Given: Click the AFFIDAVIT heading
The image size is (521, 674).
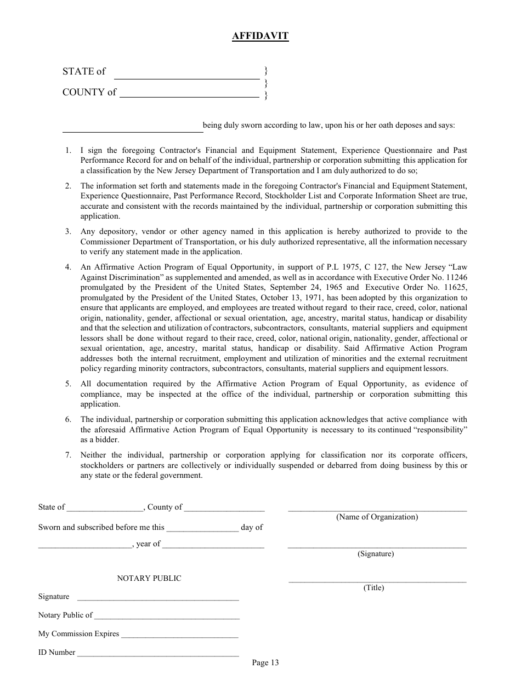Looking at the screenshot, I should pyautogui.click(x=260, y=36).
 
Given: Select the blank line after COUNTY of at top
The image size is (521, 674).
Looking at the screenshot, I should pyautogui.click(x=189, y=96).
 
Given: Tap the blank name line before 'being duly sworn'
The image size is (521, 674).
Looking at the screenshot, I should pyautogui.click(x=132, y=131).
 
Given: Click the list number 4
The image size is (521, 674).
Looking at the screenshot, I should pyautogui.click(x=68, y=267).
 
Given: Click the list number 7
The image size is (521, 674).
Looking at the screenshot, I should pyautogui.click(x=68, y=455).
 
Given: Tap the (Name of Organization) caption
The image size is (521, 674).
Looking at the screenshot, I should pyautogui.click(x=377, y=517).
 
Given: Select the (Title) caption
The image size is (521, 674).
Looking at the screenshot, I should pyautogui.click(x=373, y=588).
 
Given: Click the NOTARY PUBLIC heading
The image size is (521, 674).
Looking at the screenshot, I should pyautogui.click(x=149, y=578).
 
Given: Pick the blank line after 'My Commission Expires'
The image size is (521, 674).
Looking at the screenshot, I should pyautogui.click(x=179, y=637).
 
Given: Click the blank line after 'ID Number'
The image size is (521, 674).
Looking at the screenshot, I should pyautogui.click(x=157, y=655).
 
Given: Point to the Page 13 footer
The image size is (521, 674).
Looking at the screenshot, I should pyautogui.click(x=265, y=663).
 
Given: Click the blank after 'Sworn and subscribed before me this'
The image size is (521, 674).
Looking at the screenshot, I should pyautogui.click(x=202, y=530).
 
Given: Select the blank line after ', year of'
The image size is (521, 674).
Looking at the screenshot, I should pyautogui.click(x=213, y=547).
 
